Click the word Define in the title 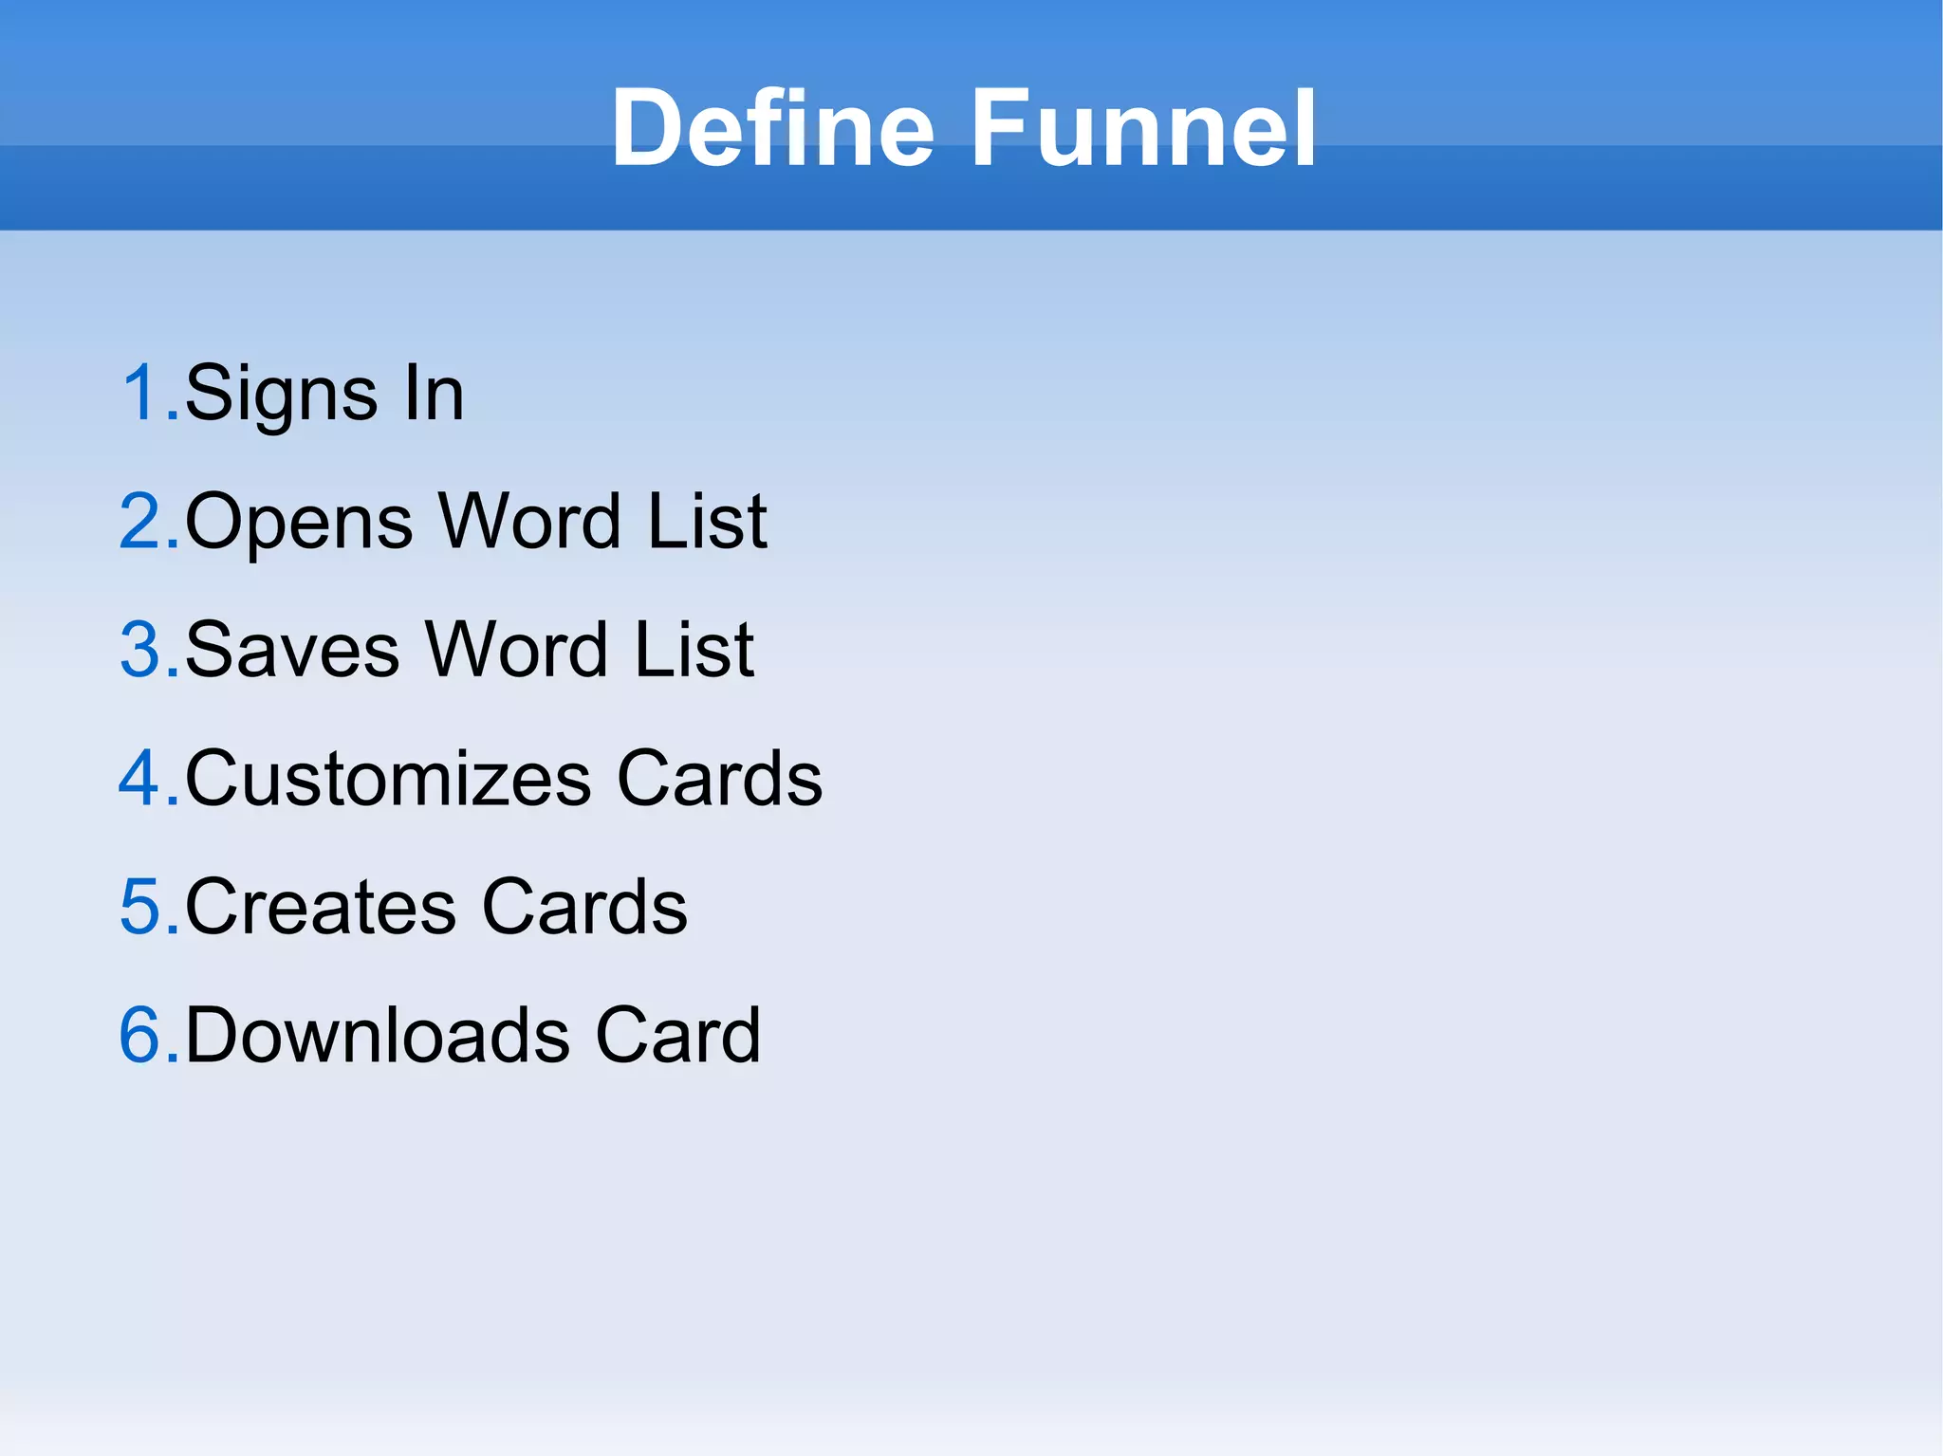point(773,128)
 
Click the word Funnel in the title point(1142,128)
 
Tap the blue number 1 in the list point(143,392)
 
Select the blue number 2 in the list point(141,521)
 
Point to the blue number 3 point(141,650)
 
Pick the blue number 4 point(141,778)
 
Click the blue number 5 point(141,907)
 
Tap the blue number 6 point(141,1035)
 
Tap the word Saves point(292,651)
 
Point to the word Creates point(321,908)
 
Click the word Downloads point(378,1036)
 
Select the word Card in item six point(677,1036)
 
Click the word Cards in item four point(719,779)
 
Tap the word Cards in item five point(584,908)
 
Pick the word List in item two point(707,522)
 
